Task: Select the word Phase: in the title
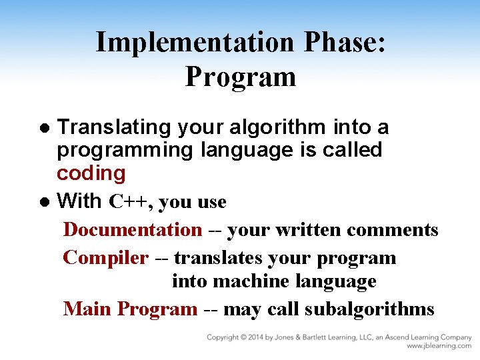[x=344, y=42]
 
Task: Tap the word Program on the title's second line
[x=240, y=76]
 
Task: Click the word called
[x=352, y=150]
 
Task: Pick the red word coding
[x=91, y=173]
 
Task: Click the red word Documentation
[x=132, y=230]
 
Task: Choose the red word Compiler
[x=105, y=258]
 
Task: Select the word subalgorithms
[x=369, y=309]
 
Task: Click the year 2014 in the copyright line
[x=265, y=337]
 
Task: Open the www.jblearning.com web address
[x=439, y=346]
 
